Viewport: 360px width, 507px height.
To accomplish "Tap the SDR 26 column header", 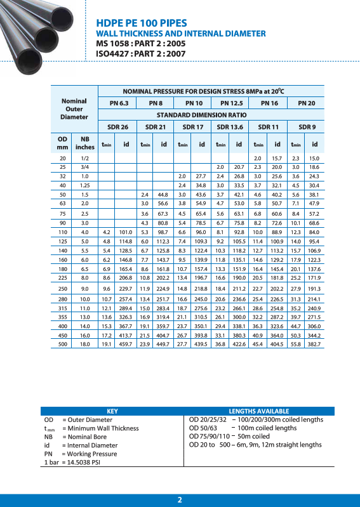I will coord(117,127).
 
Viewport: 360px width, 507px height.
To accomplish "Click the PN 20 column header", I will coord(306,103).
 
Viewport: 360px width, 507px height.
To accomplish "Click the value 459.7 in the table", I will coord(126,344).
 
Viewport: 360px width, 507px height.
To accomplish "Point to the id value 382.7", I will coord(314,344).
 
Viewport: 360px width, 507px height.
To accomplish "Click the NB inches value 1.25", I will coord(84,185).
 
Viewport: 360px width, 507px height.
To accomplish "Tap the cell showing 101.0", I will coord(126,233).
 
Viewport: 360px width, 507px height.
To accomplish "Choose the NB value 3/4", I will coord(84,166).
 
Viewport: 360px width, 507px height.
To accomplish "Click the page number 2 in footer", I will coord(180,500).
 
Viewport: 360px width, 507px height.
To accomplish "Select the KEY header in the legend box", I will coord(112,411).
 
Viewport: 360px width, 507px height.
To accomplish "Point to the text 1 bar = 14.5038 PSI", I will coord(72,463).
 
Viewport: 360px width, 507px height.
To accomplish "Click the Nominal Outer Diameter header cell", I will coord(74,109).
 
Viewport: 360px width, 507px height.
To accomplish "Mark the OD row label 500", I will coord(62,344).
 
